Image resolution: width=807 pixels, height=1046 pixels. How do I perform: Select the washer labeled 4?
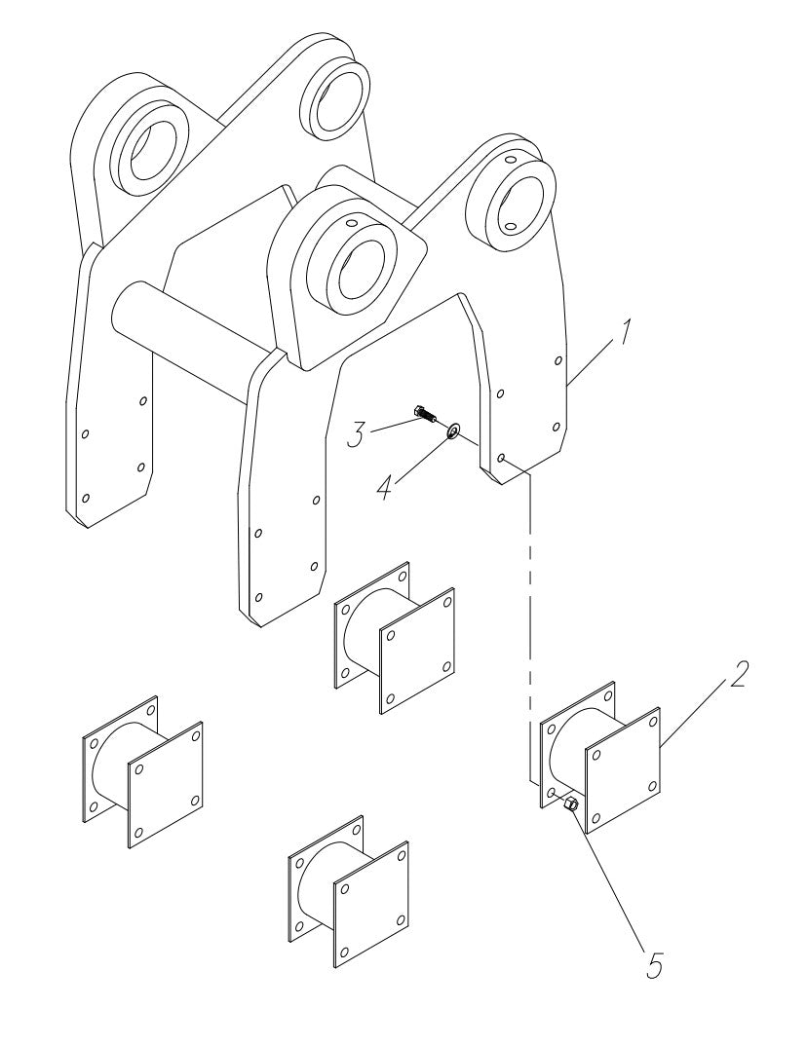(454, 430)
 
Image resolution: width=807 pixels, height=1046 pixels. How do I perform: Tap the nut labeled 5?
(571, 804)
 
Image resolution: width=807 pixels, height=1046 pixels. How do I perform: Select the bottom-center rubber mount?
(348, 890)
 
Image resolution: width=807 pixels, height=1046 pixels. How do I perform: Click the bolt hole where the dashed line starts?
(500, 457)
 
